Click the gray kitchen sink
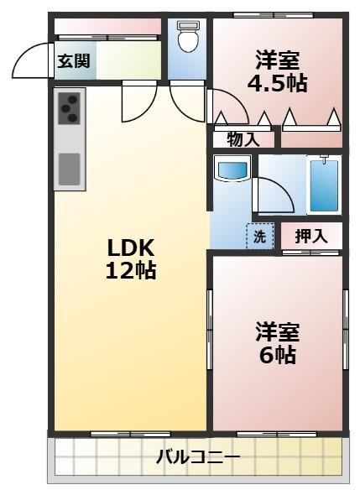[x=69, y=169]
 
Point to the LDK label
[x=131, y=248]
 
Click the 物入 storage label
[x=242, y=139]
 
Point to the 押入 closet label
[x=310, y=237]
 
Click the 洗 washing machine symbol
[x=259, y=237]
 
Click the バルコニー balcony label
[x=198, y=458]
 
